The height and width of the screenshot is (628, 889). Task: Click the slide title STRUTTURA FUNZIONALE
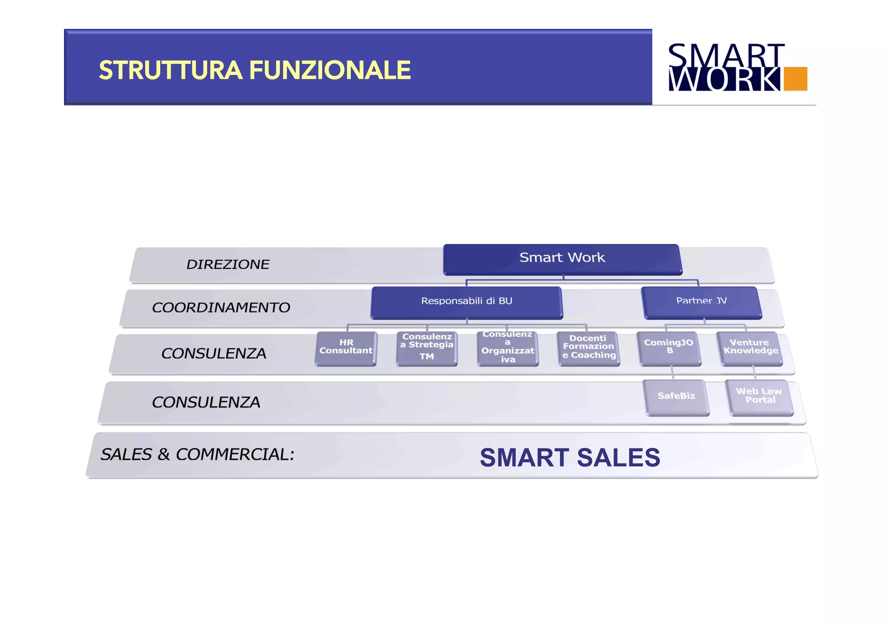pos(255,70)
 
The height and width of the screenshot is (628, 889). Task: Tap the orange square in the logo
pos(795,79)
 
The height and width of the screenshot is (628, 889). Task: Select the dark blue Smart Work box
pos(562,259)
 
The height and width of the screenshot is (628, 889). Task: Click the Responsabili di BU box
pos(467,302)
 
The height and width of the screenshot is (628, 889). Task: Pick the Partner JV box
pos(701,302)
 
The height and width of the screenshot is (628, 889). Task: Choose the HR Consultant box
pos(346,348)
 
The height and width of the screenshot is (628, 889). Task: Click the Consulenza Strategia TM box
pos(427,348)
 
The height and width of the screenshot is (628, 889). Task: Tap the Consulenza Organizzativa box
pos(507,348)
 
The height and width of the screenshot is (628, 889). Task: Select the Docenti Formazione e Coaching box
pos(589,348)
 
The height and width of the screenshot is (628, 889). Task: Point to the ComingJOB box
pos(669,348)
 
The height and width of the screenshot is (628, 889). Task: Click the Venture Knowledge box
pos(751,348)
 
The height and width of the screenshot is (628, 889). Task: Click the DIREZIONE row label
pos(228,264)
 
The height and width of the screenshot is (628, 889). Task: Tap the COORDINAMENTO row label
pos(221,308)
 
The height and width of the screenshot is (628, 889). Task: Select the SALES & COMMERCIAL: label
pos(198,454)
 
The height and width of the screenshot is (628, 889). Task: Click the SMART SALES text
pos(570,457)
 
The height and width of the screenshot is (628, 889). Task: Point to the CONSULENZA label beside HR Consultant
pos(214,354)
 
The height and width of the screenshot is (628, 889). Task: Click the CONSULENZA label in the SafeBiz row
pos(206,402)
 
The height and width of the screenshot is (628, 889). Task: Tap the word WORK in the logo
pos(724,79)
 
